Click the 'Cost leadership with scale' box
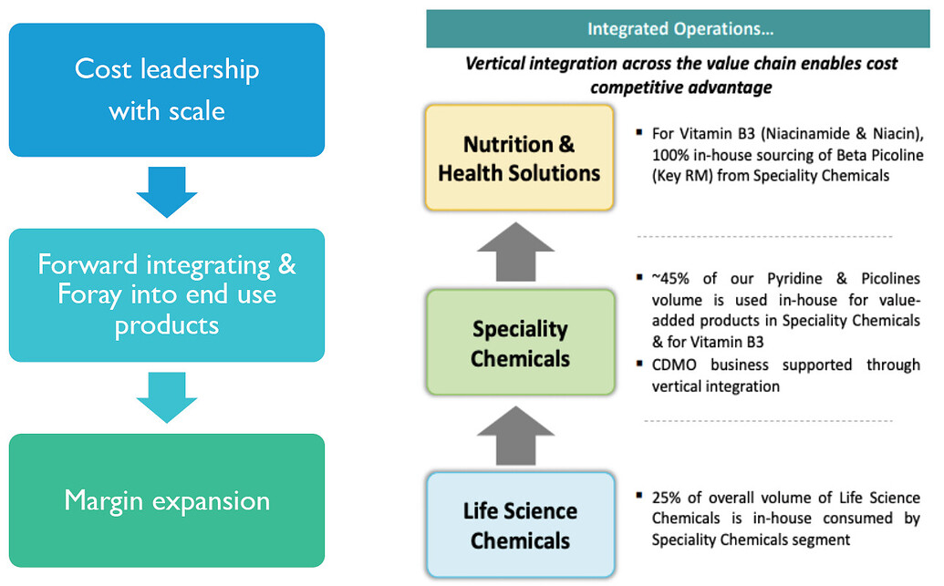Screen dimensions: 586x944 pos(166,89)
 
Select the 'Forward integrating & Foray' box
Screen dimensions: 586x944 pos(166,294)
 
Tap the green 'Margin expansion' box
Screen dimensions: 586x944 pos(166,500)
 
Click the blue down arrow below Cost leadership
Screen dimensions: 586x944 pos(166,190)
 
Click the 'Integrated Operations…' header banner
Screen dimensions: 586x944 pos(679,29)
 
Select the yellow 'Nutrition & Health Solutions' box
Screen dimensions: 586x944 pos(519,158)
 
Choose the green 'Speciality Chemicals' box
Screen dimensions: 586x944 pos(519,343)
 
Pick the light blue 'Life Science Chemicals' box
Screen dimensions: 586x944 pos(519,525)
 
